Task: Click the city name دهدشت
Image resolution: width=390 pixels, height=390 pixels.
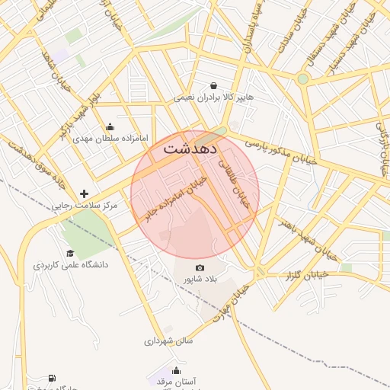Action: click(190, 149)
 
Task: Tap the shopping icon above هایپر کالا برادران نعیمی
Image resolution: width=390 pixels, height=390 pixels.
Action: click(214, 85)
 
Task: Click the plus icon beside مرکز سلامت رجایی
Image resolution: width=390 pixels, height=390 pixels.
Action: click(84, 193)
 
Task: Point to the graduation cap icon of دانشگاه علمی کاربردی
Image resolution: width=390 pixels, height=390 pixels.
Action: click(70, 254)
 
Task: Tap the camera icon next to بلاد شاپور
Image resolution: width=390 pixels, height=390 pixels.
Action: click(200, 267)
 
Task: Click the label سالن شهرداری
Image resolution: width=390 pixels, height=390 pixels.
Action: click(169, 340)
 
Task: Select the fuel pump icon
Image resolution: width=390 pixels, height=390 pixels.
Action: click(52, 378)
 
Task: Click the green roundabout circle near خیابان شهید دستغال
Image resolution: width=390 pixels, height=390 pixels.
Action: click(302, 78)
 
